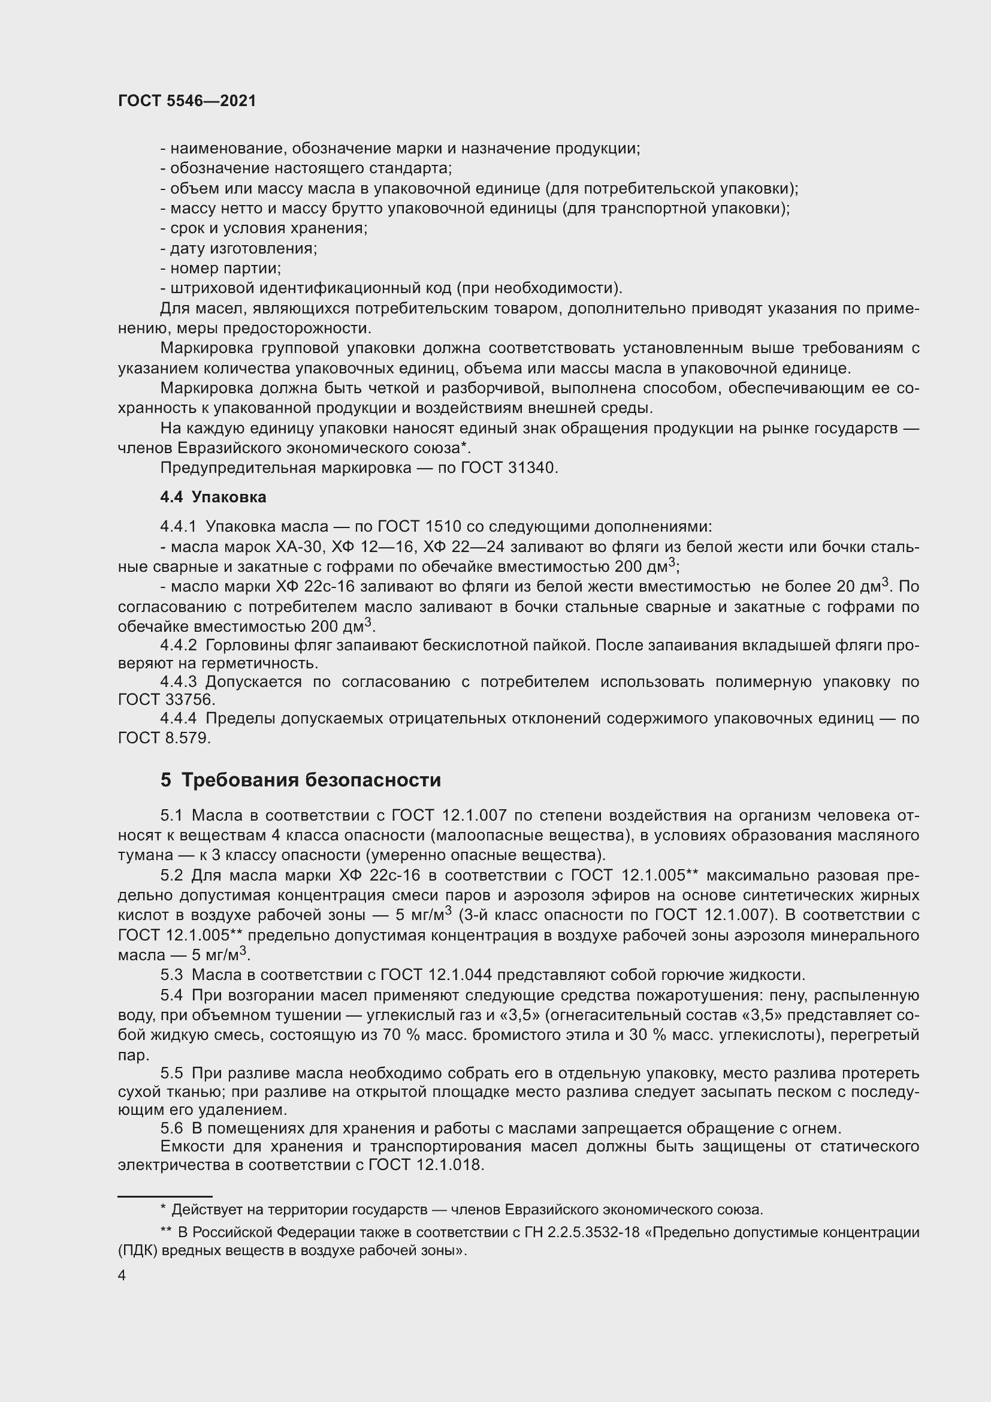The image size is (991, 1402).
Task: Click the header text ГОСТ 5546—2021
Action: pos(187,101)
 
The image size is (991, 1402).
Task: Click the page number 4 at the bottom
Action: pos(122,1276)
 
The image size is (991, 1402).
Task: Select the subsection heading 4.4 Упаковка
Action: pos(213,497)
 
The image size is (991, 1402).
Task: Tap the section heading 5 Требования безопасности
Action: pos(300,780)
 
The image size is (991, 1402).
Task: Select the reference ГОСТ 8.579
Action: pos(163,738)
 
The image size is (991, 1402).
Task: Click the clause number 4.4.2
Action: pos(178,645)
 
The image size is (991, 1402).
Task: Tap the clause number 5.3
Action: pos(171,975)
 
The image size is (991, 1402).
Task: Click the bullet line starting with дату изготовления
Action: pos(238,249)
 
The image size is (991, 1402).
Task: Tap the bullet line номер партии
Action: pos(221,268)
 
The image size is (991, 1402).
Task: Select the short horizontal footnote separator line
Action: pos(165,1197)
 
